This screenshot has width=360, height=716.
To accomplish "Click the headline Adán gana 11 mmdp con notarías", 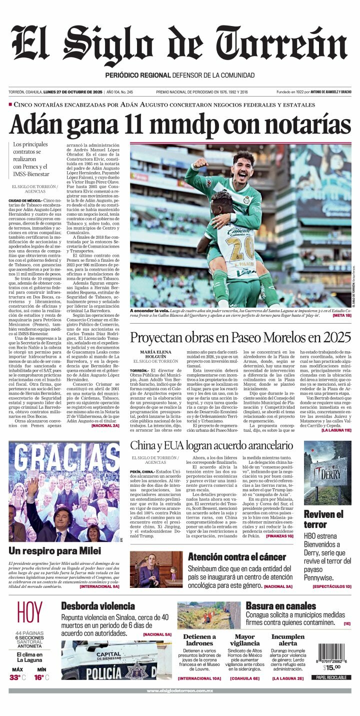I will (x=180, y=124).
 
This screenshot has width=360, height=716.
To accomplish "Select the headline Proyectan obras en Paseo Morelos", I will (x=240, y=337).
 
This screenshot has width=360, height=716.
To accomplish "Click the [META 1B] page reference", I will (x=341, y=316).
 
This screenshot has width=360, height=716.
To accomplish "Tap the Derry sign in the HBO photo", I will (x=328, y=472).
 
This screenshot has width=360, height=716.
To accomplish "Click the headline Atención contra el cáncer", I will (x=237, y=557).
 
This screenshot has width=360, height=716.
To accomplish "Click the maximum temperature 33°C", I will (x=17, y=677).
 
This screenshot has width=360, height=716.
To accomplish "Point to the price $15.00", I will (x=331, y=667).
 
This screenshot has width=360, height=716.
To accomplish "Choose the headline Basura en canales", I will (x=280, y=606).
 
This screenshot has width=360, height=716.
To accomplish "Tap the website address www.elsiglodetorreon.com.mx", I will (x=179, y=690).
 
